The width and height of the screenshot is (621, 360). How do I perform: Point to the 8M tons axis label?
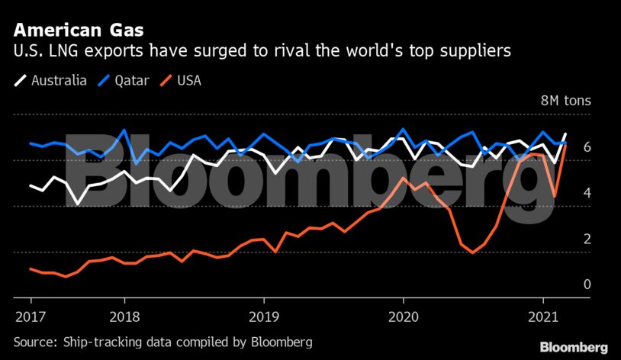point(566,101)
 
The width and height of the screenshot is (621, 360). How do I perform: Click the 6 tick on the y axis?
point(566,146)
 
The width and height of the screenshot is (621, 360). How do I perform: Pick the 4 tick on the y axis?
point(566,193)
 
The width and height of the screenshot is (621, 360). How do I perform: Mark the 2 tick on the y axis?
point(566,239)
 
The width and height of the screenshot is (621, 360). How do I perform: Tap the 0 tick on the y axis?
point(566,284)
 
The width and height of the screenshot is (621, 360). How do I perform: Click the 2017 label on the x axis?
point(29,316)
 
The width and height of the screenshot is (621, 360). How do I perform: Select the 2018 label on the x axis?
point(124,316)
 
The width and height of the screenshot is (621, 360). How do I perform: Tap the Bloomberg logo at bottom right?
point(574,347)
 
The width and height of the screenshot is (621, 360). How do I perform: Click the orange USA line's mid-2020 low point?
point(473,252)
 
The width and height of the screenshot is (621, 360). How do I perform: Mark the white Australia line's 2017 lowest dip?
point(78,204)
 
